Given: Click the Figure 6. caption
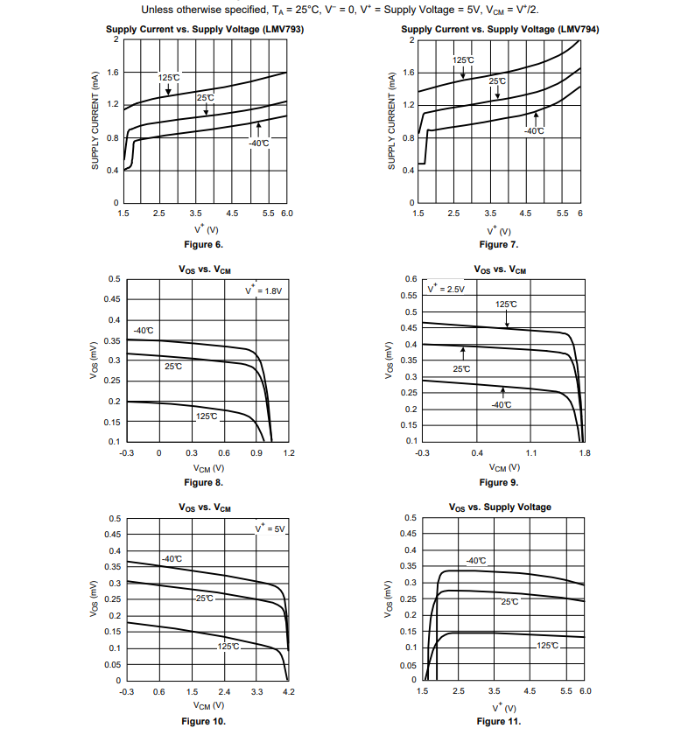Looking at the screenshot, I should pos(203,244).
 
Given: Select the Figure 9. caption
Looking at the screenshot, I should pos(499,483).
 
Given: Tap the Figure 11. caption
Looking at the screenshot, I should pos(499,722).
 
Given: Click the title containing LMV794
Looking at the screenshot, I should pos(500,29).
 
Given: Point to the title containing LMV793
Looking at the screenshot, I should pos(205,29).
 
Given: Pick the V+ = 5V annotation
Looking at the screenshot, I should pos(270,530).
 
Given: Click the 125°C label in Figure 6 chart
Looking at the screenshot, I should pos(169,78).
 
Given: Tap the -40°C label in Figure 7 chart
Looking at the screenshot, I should pos(534,130).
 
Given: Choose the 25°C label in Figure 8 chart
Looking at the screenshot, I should pos(173,366).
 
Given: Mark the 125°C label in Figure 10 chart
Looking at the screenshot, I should pos(229,646).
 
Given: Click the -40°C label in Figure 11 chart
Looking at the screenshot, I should pos(475,561).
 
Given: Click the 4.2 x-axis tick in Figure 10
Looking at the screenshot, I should pos(288,692).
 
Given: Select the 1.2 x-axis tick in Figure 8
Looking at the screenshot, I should pos(289,453).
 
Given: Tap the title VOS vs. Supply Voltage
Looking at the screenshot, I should pos(500,507).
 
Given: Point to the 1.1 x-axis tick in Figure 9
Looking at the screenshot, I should pos(531,453).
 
